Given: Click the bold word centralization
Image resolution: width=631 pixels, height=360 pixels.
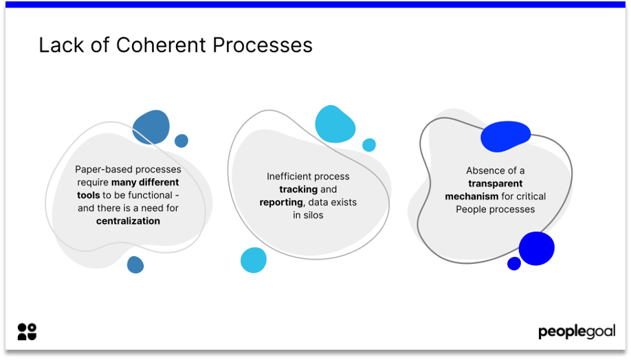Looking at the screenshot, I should pos(128,221).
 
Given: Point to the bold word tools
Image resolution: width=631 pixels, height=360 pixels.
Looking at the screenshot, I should pos(88,195).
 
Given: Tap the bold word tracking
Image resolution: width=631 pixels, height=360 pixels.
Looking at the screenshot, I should pos(298,190).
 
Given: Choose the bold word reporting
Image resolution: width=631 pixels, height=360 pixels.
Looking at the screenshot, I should pos(280,203).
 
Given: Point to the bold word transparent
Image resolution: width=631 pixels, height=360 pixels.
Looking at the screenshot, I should pos(495,183).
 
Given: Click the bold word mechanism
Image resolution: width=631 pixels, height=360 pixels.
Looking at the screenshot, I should pos(472,196).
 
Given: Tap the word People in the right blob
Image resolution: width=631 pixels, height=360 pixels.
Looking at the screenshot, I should pos(471,210).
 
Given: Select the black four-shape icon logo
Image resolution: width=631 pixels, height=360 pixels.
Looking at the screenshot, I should pos(27,332).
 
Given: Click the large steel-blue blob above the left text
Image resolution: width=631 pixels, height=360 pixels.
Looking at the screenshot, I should pos(151,127).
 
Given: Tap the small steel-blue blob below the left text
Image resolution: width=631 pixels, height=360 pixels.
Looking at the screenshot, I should pos(135,265).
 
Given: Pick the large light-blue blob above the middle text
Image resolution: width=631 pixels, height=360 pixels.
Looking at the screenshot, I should pos(335,124).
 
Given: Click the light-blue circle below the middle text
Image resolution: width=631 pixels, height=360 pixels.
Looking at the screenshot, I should pos(253,260).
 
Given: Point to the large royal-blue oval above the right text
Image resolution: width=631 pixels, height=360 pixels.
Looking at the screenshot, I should pos(505,136).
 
